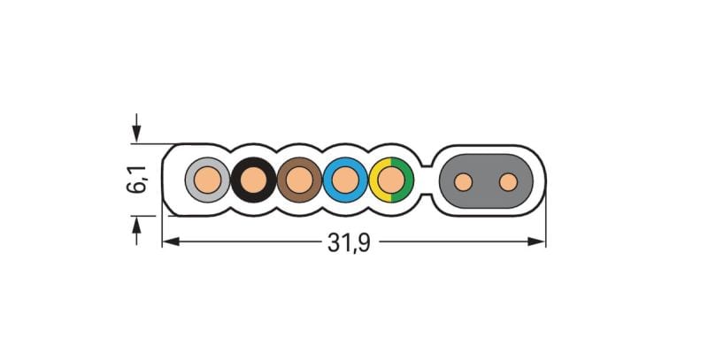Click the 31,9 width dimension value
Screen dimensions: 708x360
coord(349,242)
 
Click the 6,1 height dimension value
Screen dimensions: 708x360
coord(137,179)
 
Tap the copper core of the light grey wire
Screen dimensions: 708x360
coord(208,180)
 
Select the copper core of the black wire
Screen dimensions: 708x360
coord(254,180)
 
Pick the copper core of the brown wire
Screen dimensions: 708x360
coord(299,180)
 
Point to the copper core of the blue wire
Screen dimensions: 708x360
coord(345,180)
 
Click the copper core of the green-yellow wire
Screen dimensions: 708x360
coord(391,180)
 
